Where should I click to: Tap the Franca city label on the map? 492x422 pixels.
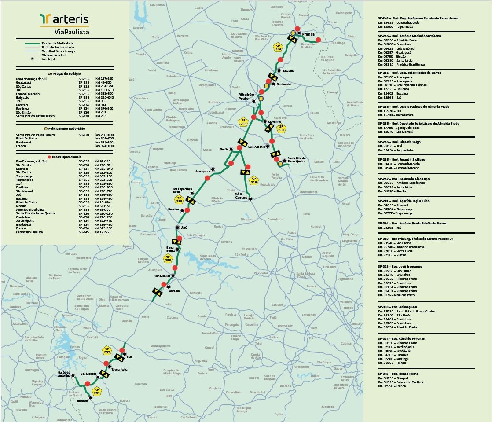(x=308, y=34)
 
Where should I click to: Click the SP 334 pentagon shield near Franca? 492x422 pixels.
(x=278, y=47)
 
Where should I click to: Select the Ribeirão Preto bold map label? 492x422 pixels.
(x=246, y=97)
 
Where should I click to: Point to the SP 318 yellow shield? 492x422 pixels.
(x=253, y=180)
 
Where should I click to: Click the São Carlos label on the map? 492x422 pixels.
(x=242, y=195)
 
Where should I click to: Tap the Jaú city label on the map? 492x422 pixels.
(x=184, y=228)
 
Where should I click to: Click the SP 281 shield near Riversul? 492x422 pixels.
(x=97, y=392)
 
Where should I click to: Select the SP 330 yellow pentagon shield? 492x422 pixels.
(x=281, y=128)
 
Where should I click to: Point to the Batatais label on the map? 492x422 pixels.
(x=287, y=70)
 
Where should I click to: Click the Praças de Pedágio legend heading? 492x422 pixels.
(x=65, y=74)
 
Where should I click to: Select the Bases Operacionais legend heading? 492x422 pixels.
(x=65, y=157)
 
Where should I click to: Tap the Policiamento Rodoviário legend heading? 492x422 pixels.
(x=65, y=128)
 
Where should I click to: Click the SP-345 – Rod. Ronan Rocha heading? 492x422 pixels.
(x=398, y=374)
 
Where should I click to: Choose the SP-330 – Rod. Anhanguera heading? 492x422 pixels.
(x=397, y=307)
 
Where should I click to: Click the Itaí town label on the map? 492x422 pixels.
(x=129, y=356)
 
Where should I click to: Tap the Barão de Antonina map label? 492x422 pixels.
(x=64, y=374)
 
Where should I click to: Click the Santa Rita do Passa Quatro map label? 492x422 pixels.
(x=296, y=160)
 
